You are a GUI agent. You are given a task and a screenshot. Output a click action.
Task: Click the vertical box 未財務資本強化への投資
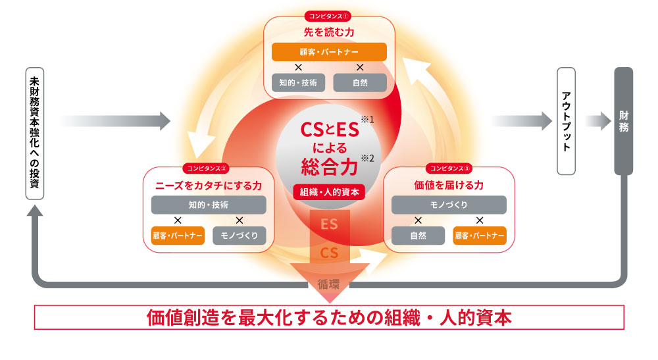pos(35,133)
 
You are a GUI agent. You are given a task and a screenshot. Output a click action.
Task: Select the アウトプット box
pos(567,121)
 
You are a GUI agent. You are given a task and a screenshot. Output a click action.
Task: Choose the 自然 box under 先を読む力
pos(359,83)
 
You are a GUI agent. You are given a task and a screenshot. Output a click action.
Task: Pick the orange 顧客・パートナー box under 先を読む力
pos(328,51)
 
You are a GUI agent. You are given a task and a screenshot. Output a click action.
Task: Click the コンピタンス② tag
pos(207,168)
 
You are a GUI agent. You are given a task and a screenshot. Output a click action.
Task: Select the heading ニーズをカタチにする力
pos(208,185)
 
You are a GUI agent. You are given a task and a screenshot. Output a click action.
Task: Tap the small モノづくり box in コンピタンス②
pos(239,235)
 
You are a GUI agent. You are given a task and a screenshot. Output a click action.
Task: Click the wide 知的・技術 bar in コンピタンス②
pos(208,205)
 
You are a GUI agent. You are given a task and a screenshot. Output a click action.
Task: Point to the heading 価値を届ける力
pos(449,185)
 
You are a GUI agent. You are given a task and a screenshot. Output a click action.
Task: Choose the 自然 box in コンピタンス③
pos(418,235)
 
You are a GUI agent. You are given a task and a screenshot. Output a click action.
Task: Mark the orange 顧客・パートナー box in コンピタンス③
pos(480,235)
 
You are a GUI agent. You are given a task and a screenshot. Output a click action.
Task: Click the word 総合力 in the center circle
pos(329,165)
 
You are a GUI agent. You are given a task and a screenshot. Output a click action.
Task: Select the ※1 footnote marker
pos(367,120)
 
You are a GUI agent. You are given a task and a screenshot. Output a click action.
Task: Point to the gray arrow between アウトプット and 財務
pos(598,121)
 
